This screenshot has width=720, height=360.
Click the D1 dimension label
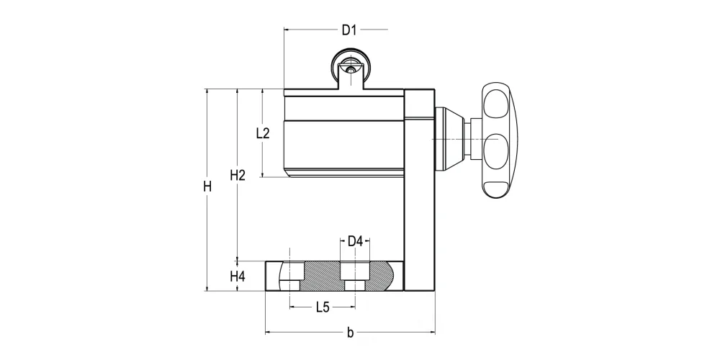(x=349, y=30)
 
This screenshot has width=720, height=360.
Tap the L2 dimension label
(x=263, y=134)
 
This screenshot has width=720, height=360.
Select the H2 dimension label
(x=238, y=175)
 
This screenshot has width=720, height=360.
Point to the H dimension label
(x=207, y=187)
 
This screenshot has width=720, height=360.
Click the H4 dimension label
(x=238, y=276)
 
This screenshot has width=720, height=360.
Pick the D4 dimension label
(x=355, y=241)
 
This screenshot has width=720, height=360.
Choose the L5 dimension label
(x=323, y=307)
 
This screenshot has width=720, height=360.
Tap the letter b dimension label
(x=351, y=333)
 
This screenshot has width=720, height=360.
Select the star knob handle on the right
(x=500, y=140)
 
